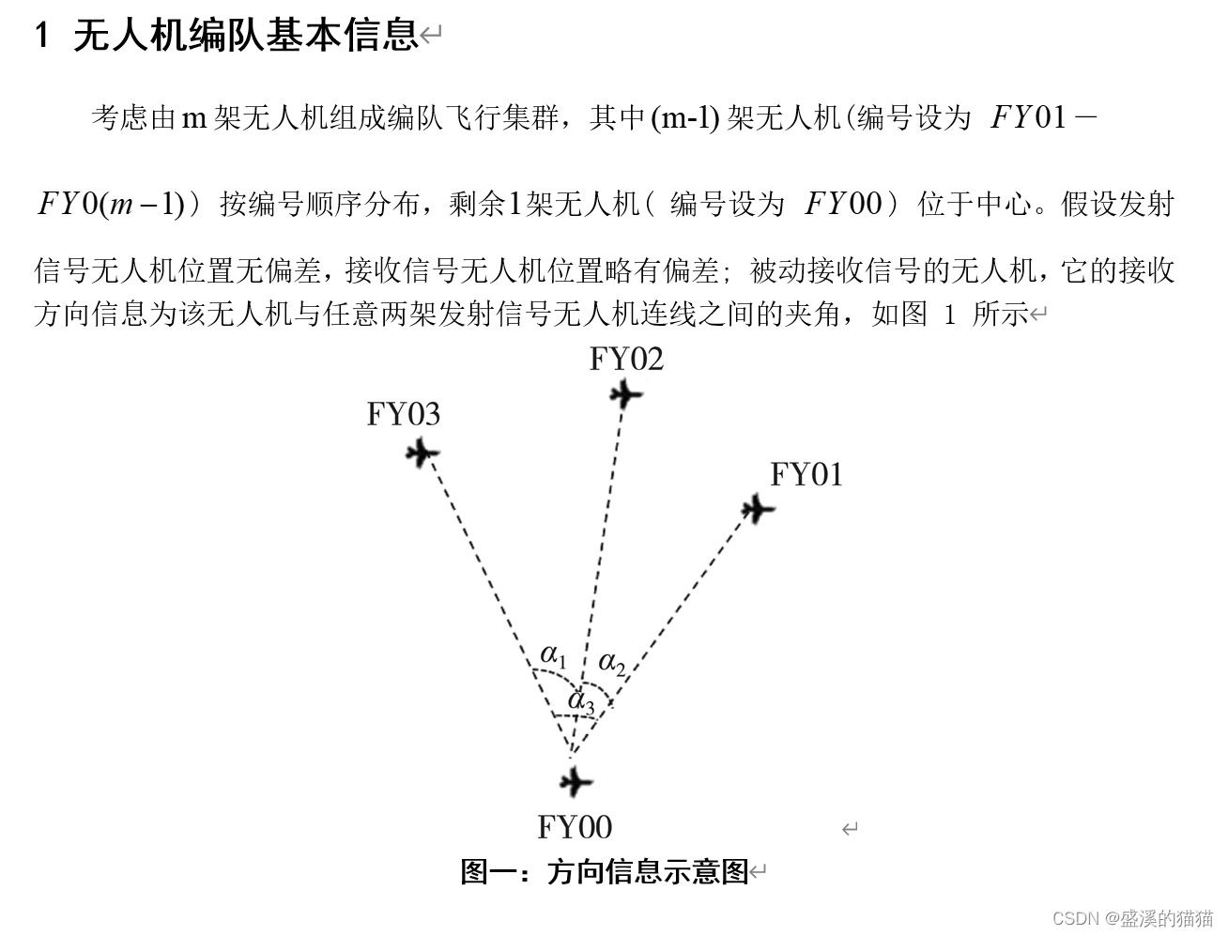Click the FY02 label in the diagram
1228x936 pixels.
(626, 360)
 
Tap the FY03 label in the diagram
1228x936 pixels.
(403, 414)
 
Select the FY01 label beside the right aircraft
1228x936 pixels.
(806, 475)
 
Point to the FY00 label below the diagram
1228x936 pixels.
(575, 827)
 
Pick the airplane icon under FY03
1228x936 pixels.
(422, 454)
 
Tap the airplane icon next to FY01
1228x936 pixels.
(757, 510)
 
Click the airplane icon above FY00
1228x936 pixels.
(576, 782)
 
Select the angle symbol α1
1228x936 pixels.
(553, 654)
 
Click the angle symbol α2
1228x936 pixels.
(612, 664)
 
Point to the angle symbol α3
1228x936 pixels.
(581, 700)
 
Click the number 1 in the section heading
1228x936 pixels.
(41, 36)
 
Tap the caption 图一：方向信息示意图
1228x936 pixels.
(605, 872)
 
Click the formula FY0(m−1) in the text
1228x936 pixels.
(109, 204)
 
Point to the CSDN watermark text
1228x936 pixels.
(1132, 917)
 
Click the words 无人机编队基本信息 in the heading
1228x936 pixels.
(245, 36)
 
